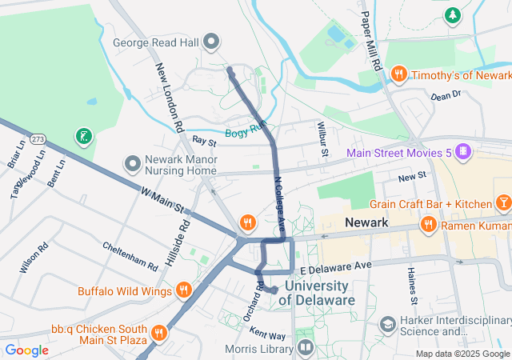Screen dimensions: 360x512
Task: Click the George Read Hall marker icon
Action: (x=212, y=41)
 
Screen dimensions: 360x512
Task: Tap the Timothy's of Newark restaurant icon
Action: (x=398, y=74)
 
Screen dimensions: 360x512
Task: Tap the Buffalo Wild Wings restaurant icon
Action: (x=184, y=290)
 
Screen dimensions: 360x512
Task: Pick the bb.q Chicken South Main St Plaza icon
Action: (x=159, y=330)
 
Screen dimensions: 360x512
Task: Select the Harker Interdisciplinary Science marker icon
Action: (x=388, y=325)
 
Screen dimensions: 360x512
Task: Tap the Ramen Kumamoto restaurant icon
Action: (x=429, y=225)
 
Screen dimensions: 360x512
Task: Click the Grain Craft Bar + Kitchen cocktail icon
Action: (x=503, y=203)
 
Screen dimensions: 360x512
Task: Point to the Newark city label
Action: (x=366, y=222)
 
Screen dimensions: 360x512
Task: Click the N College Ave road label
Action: (x=280, y=204)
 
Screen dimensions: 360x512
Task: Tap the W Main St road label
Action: (x=162, y=201)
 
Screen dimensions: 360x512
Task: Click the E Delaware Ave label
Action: (x=337, y=264)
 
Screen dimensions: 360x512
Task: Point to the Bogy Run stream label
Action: (x=245, y=133)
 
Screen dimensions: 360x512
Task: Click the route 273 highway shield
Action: (x=38, y=138)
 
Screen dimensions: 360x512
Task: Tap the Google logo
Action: (x=26, y=350)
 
